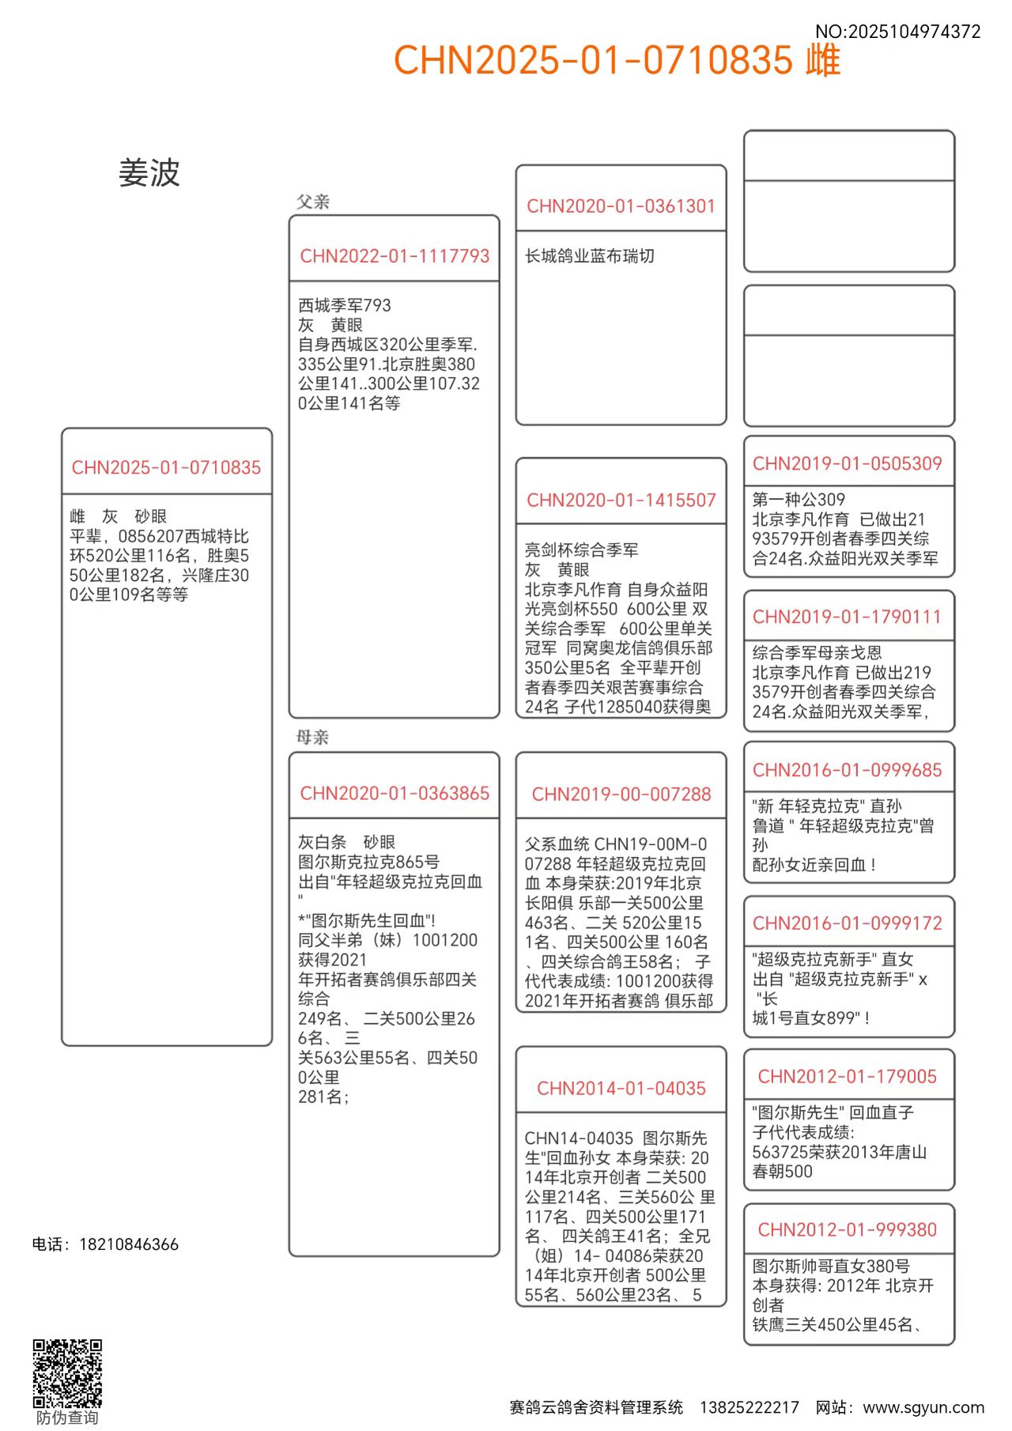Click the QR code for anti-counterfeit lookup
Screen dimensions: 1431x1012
(x=67, y=1372)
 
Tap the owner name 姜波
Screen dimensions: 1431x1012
(x=149, y=173)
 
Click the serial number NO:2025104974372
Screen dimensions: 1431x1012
(x=897, y=32)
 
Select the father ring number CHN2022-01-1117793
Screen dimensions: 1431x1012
(x=395, y=256)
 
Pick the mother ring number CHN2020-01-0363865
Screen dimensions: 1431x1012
(x=395, y=793)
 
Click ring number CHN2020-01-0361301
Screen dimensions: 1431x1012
(x=621, y=206)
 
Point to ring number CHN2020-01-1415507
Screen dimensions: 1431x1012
(x=621, y=500)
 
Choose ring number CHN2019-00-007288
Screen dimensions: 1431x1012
(x=621, y=794)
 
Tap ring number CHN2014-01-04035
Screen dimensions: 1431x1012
(x=621, y=1088)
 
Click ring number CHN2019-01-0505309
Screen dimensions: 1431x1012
(x=847, y=463)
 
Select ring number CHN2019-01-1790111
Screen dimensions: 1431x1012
(x=847, y=617)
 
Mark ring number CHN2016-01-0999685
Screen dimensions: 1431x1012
(x=847, y=770)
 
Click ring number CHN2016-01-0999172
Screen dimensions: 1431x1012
(x=847, y=923)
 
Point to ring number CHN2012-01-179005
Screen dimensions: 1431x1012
(x=847, y=1077)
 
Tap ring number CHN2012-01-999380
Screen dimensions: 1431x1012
(x=847, y=1230)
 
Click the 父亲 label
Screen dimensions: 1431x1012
(x=313, y=202)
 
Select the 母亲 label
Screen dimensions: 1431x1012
(x=312, y=738)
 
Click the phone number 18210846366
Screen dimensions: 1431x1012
(x=129, y=1244)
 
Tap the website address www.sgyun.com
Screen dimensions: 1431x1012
(x=923, y=1407)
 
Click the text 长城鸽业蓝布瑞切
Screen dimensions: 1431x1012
(x=590, y=256)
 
